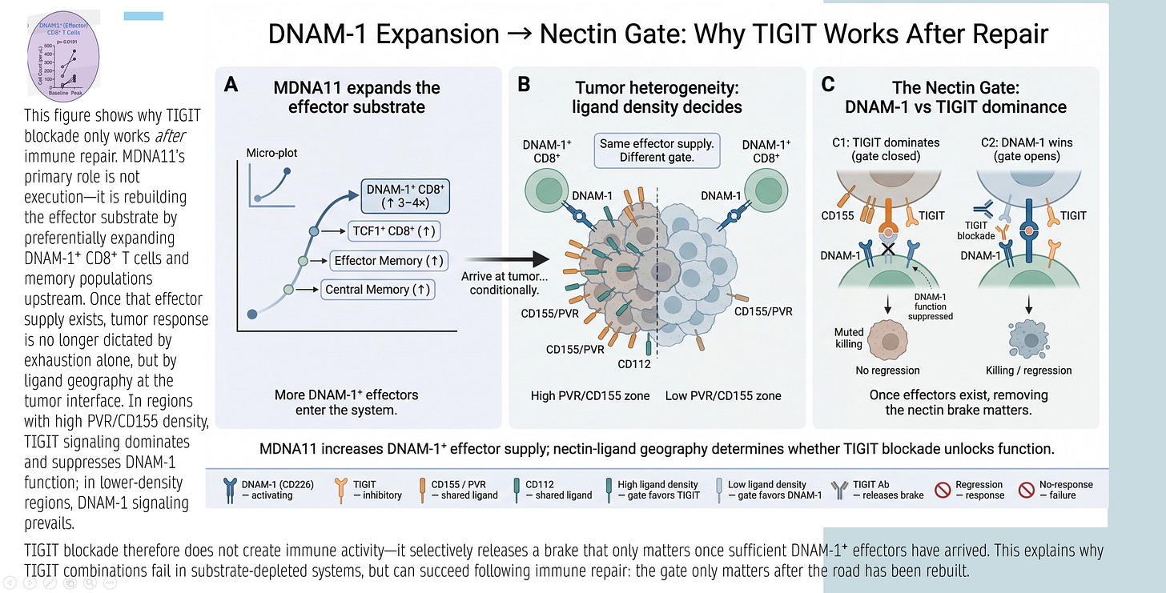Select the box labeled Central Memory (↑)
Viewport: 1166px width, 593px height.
pyautogui.click(x=378, y=289)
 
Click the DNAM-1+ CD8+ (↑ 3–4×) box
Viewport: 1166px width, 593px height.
pyautogui.click(x=404, y=195)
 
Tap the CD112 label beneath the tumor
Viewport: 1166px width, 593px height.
pyautogui.click(x=633, y=365)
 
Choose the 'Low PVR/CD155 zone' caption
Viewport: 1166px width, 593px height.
pyautogui.click(x=724, y=395)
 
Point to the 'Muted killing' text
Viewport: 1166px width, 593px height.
pyautogui.click(x=848, y=339)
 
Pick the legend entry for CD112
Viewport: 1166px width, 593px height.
pyautogui.click(x=558, y=490)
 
